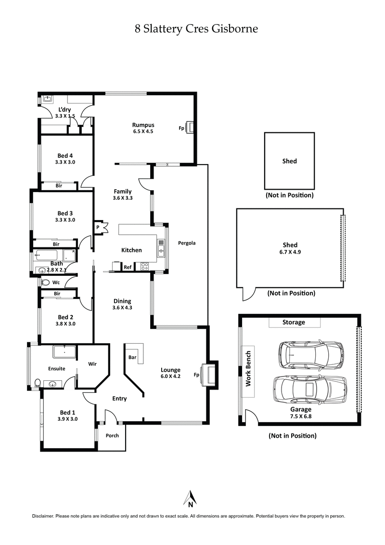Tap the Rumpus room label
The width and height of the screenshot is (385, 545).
[143, 125]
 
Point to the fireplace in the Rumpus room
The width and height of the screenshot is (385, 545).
[191, 128]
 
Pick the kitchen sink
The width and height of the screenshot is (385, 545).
[161, 250]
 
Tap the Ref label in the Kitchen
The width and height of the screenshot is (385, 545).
[128, 267]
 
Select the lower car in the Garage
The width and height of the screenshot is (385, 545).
[310, 389]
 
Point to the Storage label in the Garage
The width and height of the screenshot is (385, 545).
[294, 322]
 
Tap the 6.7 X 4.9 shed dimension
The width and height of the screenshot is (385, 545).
[290, 251]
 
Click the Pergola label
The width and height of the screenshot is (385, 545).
[186, 243]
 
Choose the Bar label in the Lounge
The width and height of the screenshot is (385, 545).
[132, 358]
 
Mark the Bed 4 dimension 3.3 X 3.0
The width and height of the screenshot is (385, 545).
[65, 162]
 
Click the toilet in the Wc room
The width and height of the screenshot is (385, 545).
[46, 283]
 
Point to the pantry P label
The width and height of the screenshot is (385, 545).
[98, 227]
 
